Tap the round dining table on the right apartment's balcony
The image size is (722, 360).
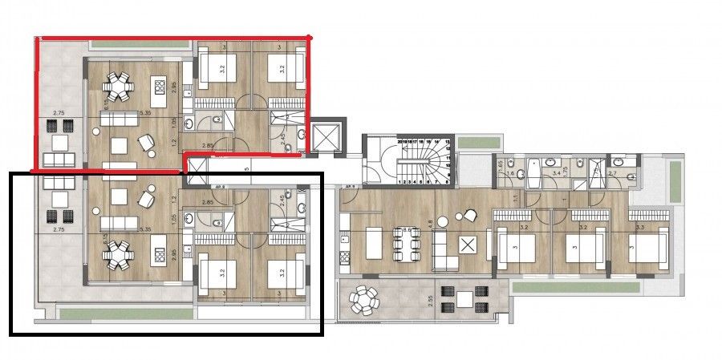tap(366, 301)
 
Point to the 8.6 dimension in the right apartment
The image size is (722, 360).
tap(407, 231)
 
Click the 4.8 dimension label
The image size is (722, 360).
tap(431, 225)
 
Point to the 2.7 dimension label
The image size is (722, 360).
tap(614, 172)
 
